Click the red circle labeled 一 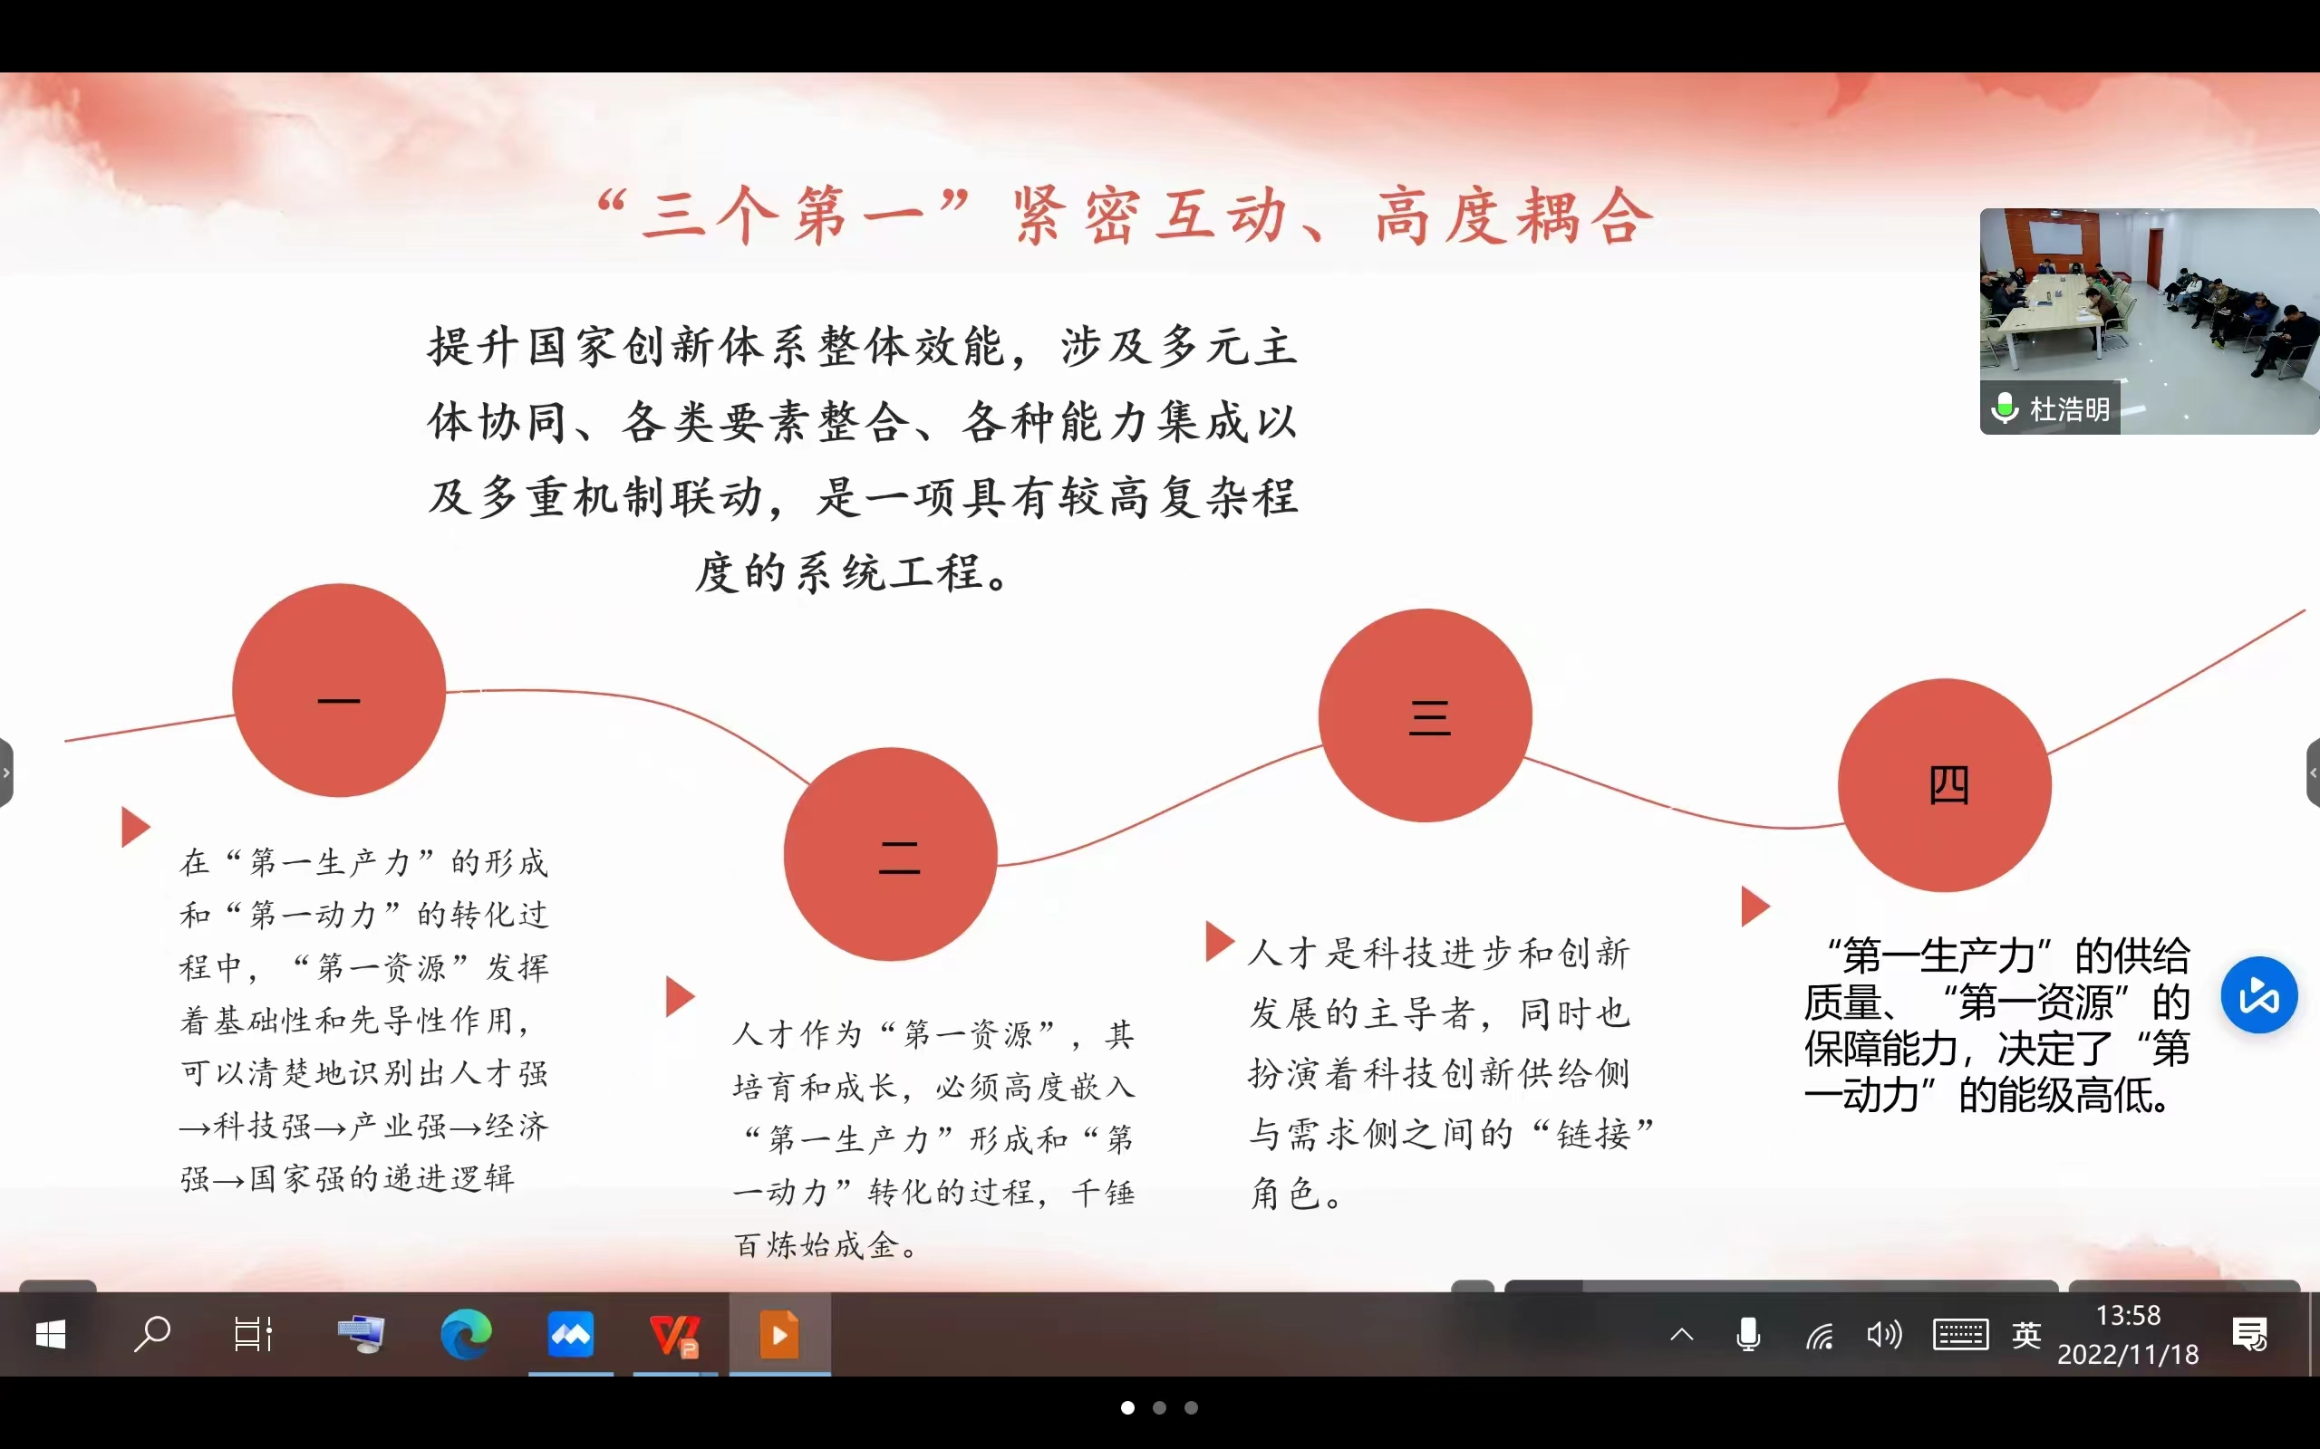[338, 690]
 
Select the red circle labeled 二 [891, 854]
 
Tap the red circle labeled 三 [1426, 715]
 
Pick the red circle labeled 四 [1945, 785]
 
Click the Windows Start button [50, 1334]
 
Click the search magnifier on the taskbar [151, 1334]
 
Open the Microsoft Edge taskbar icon [466, 1334]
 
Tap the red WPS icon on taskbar [675, 1335]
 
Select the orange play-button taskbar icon [779, 1334]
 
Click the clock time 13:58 [2128, 1315]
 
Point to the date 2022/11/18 [2128, 1354]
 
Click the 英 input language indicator [2025, 1335]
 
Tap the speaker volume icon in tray [1884, 1334]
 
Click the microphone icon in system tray [1749, 1334]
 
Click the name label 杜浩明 [2070, 409]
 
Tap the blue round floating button [2259, 994]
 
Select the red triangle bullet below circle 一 [135, 826]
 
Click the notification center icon [2249, 1334]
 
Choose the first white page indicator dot [1128, 1407]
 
